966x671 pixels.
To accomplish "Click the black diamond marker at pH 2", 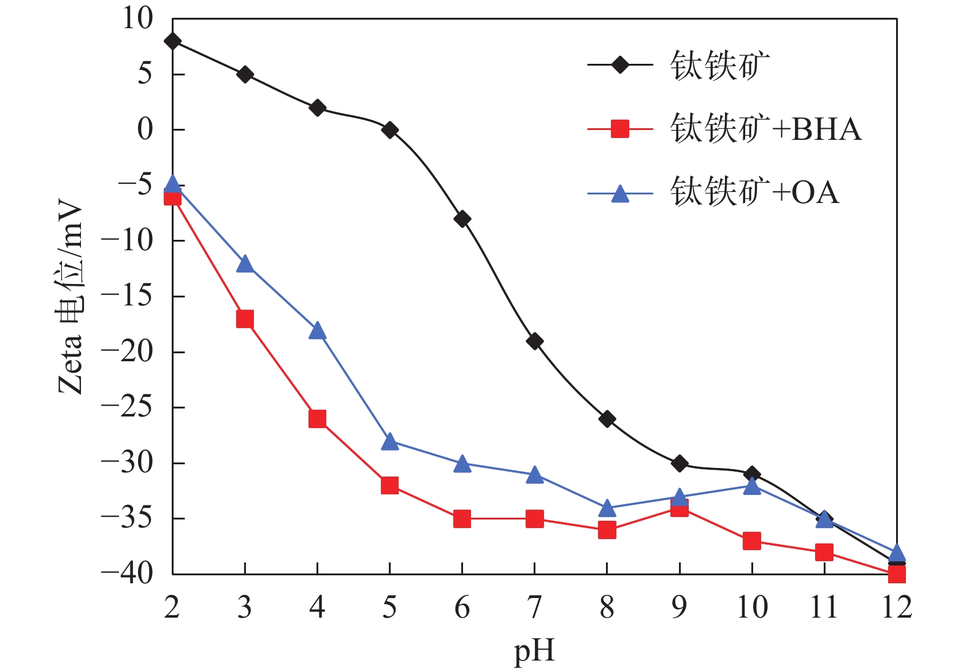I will tap(172, 41).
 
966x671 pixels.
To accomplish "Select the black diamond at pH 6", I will tap(462, 219).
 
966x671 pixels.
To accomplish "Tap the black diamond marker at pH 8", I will tap(607, 420).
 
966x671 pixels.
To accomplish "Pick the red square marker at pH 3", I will tap(245, 319).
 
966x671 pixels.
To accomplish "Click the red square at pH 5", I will tap(389, 486).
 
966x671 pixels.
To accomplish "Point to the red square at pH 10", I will tap(752, 541).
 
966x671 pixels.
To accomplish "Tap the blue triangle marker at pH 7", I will tap(535, 475).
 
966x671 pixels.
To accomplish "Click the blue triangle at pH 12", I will tap(897, 553).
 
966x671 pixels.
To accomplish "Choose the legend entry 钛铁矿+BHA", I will tap(765, 129).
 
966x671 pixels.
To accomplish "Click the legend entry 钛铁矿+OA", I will tap(754, 193).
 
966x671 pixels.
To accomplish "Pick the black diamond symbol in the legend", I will tap(620, 64).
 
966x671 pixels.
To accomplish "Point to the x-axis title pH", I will tap(534, 651).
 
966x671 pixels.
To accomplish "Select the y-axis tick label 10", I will tap(137, 18).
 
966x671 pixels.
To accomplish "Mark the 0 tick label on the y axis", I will tap(145, 129).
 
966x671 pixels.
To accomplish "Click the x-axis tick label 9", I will tap(679, 607).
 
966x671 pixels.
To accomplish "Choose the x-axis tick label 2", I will tap(172, 607).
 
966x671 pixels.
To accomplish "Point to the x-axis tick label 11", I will tap(824, 607).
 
